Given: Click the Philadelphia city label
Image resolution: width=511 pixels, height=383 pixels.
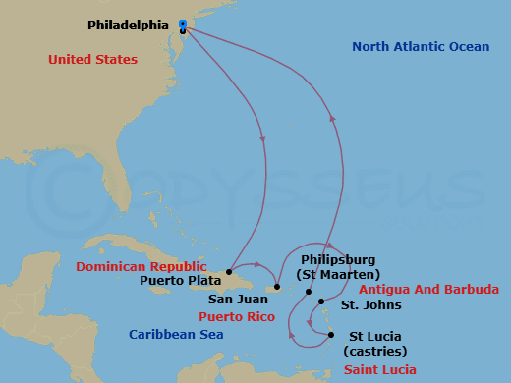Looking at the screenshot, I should click(128, 24).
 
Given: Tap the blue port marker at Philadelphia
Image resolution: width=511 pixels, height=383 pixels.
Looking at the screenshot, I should click(183, 24).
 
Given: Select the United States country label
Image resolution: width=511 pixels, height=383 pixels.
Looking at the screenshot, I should click(92, 60).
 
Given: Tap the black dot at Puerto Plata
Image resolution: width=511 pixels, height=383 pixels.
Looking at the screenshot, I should click(229, 271).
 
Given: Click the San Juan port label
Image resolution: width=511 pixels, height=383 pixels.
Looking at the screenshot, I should click(234, 300).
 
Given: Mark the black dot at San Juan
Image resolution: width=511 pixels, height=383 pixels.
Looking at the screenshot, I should click(277, 288).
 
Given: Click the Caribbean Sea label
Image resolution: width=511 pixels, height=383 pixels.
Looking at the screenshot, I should click(176, 335).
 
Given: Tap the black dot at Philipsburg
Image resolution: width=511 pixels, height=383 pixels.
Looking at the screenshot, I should click(309, 292).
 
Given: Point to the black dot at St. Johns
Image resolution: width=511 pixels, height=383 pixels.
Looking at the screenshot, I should click(321, 303).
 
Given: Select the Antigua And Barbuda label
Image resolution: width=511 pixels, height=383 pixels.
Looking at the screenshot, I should click(428, 290).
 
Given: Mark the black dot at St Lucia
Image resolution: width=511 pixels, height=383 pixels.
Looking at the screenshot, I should click(331, 335).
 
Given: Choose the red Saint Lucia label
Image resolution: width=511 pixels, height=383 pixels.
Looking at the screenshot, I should click(379, 370).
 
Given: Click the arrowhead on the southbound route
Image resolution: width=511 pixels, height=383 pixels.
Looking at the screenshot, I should click(262, 136).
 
